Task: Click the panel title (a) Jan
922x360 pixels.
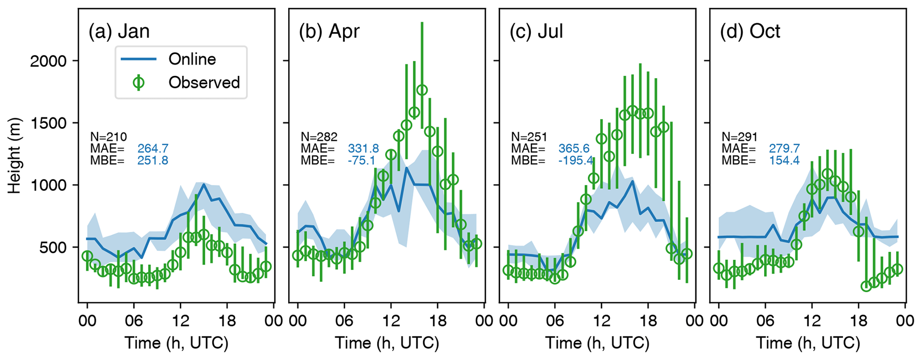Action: click(119, 31)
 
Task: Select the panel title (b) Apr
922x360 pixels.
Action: click(329, 31)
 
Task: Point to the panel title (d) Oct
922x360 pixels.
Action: click(750, 31)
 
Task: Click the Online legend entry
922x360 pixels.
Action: click(192, 59)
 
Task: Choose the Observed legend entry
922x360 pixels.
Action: click(204, 83)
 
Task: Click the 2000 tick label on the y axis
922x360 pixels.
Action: click(48, 61)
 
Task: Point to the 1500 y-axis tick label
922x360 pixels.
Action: click(48, 123)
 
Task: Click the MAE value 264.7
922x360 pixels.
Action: click(153, 149)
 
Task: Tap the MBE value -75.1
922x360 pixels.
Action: click(361, 161)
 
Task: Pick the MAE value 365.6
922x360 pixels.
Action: click(574, 149)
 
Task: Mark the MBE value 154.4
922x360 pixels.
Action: click(784, 161)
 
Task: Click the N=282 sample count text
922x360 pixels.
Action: click(319, 137)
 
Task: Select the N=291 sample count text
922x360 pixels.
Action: click(740, 137)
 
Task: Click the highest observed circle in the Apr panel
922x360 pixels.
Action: click(422, 90)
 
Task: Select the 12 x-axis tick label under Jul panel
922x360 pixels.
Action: click(601, 321)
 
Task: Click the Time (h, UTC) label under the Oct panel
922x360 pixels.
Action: click(808, 343)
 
